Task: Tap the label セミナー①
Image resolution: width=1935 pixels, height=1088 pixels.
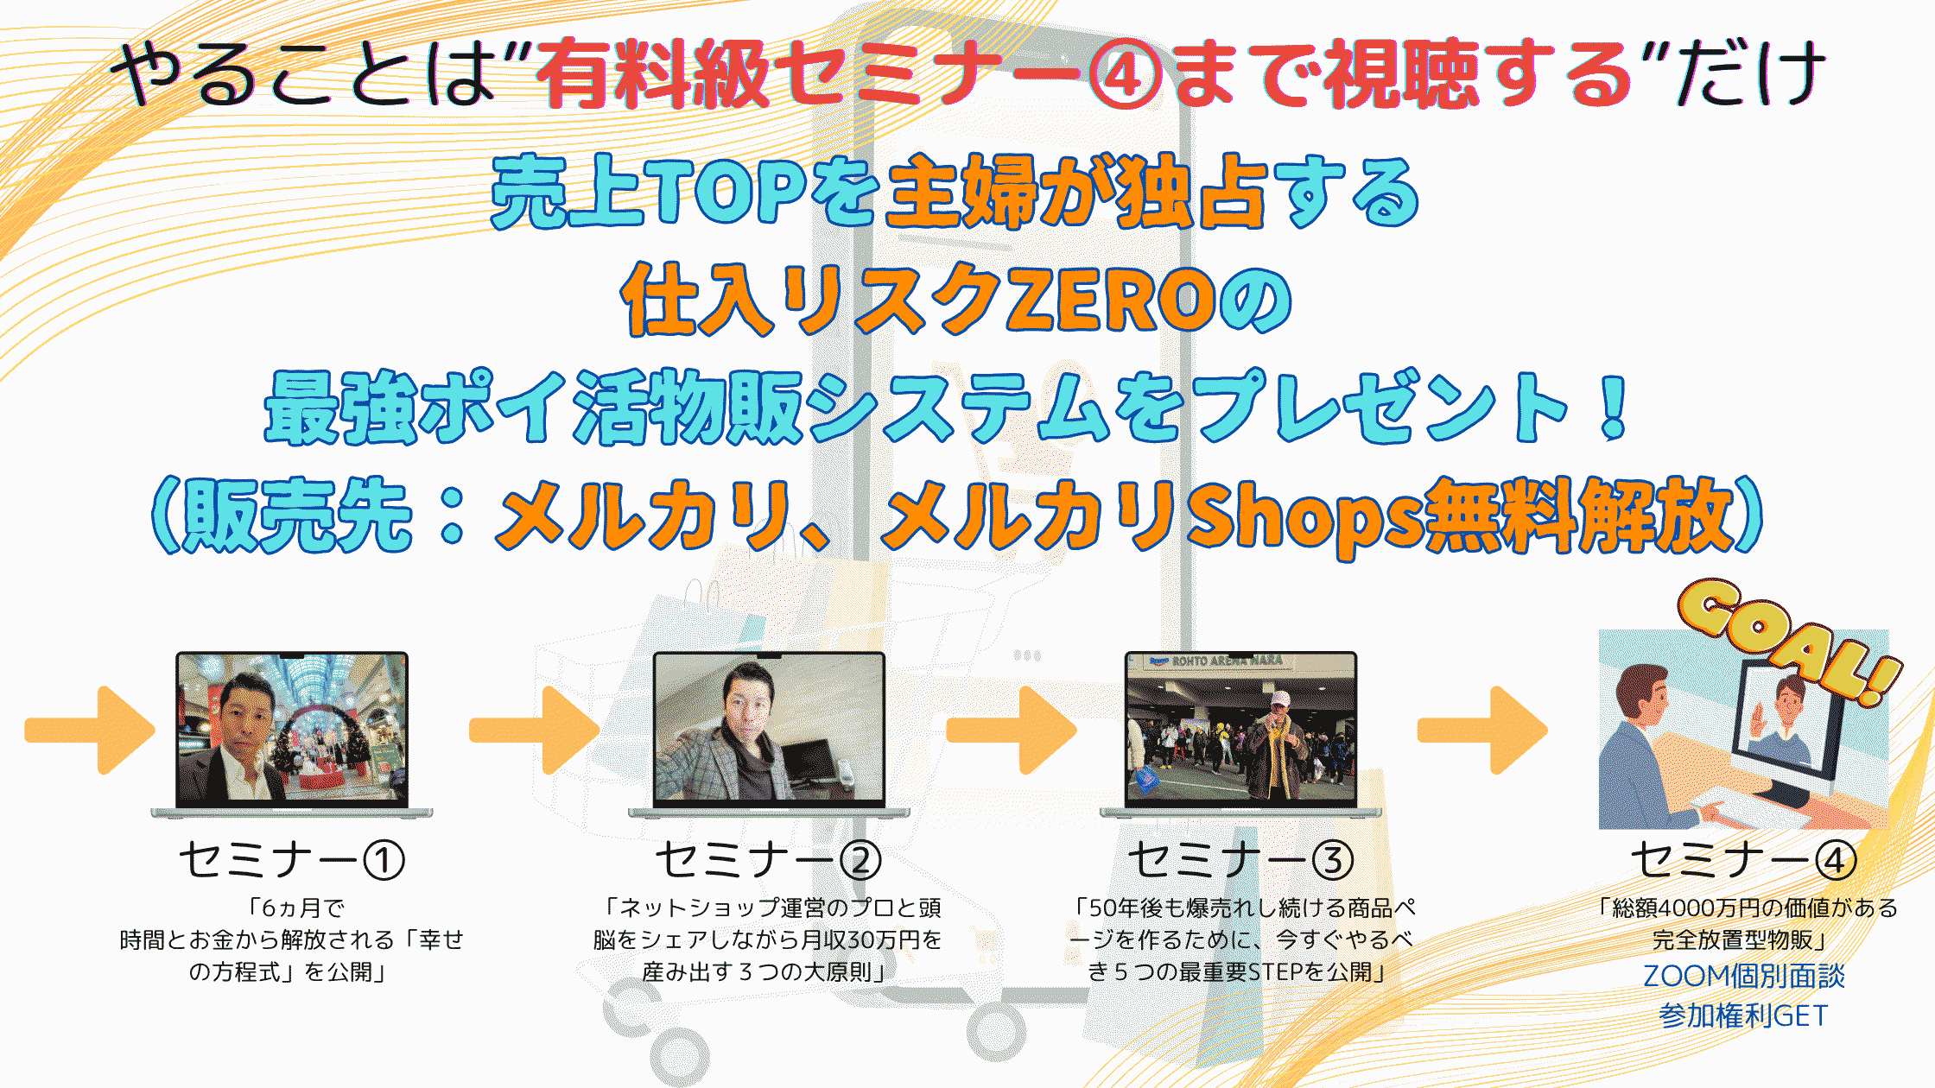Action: click(292, 860)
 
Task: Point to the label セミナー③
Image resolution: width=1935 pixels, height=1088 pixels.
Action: click(1241, 860)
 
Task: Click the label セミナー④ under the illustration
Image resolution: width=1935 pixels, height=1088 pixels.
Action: click(1744, 860)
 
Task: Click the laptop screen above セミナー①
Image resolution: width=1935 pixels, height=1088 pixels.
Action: click(292, 730)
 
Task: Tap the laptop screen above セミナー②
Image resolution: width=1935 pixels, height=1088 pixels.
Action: click(769, 730)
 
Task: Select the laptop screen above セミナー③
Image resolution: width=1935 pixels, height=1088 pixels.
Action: click(1240, 730)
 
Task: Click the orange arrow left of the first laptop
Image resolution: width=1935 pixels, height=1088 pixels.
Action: click(90, 731)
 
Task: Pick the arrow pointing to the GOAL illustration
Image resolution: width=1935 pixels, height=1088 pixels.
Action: click(1482, 731)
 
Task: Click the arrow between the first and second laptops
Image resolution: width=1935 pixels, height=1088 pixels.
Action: click(535, 731)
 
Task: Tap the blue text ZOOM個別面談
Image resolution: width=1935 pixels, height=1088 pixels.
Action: click(1744, 976)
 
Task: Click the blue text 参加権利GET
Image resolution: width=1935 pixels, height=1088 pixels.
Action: click(1744, 1015)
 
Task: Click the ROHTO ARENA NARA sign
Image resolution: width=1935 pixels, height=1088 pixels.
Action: click(1227, 661)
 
